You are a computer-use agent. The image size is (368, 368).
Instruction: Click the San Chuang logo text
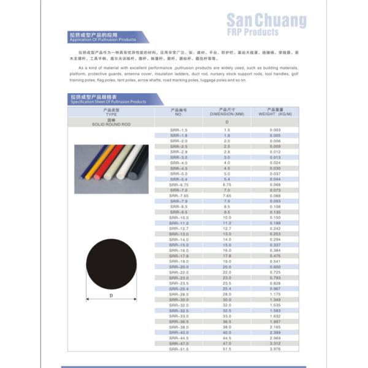(x=266, y=21)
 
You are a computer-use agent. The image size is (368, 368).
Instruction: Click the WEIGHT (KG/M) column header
(x=275, y=112)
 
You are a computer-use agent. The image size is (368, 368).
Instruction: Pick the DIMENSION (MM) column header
(x=227, y=112)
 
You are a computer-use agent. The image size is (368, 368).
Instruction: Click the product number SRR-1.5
(x=178, y=131)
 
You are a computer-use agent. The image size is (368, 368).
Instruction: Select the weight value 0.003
(x=275, y=131)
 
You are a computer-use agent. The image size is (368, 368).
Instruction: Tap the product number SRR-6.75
(x=179, y=185)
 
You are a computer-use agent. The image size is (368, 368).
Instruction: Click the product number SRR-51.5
(x=179, y=349)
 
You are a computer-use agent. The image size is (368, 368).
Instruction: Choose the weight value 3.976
(x=275, y=349)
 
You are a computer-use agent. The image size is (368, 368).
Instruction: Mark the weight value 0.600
(x=275, y=267)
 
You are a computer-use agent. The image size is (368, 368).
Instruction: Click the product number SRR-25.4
(x=179, y=289)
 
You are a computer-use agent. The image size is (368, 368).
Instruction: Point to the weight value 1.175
(x=275, y=294)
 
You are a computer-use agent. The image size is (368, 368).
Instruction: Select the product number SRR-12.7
(x=179, y=229)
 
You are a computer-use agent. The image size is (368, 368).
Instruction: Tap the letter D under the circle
(x=112, y=296)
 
